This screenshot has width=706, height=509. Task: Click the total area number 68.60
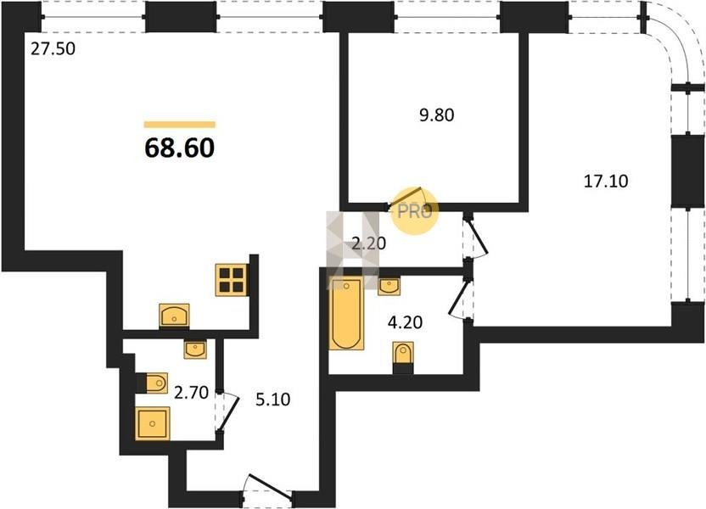point(180,148)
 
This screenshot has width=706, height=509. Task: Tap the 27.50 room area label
point(53,48)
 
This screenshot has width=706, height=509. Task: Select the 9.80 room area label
point(437,115)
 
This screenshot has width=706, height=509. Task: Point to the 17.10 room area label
point(606,181)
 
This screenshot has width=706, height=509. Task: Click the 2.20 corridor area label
point(369,243)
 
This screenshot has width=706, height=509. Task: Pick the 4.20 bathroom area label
point(406,322)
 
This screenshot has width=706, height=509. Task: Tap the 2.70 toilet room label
point(192,393)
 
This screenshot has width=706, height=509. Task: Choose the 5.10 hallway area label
point(273,400)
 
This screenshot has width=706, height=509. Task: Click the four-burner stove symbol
point(232,279)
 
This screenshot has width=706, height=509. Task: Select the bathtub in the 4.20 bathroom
point(346,313)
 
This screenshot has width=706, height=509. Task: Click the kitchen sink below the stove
point(174,315)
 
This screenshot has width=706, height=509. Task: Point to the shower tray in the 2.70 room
point(153,423)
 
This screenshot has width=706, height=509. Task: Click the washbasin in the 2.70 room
point(195,350)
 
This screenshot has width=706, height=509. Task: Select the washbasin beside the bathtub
point(389,287)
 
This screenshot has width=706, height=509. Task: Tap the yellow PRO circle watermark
point(415,210)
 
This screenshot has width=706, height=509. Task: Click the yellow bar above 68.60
point(180,125)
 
